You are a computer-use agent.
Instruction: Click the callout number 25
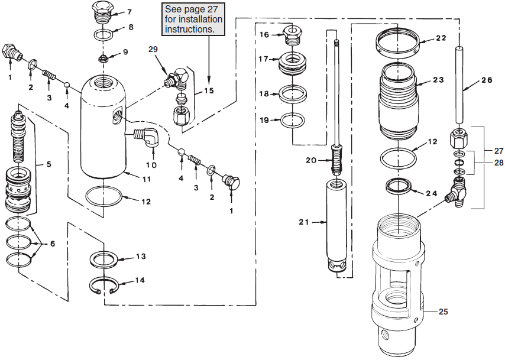pos(443,311)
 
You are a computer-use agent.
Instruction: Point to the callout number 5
pos(49,165)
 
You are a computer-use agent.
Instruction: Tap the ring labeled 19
pos(293,121)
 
